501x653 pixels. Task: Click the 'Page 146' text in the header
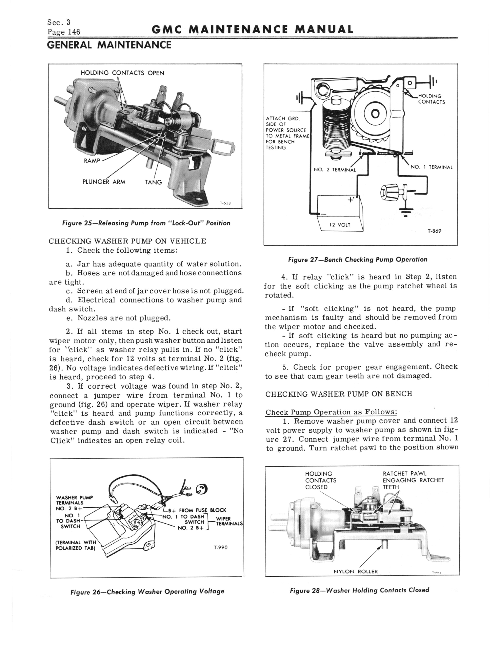click(x=63, y=31)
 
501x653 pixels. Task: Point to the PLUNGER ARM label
click(x=104, y=182)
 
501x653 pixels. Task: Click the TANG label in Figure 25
click(x=153, y=182)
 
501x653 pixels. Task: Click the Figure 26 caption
click(x=147, y=591)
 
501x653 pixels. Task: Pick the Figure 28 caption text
click(x=359, y=590)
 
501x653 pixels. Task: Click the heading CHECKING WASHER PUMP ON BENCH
click(x=339, y=394)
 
